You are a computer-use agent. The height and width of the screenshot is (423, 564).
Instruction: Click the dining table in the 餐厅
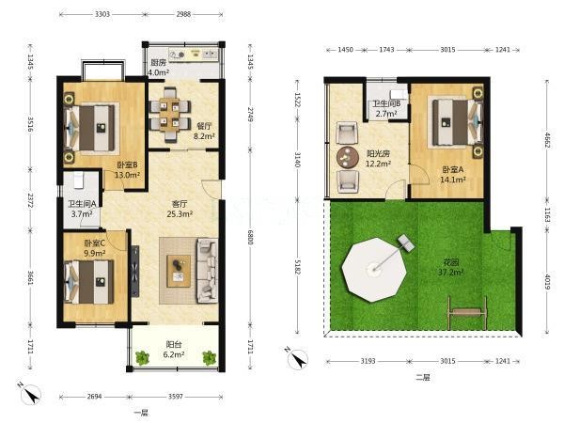point(169,114)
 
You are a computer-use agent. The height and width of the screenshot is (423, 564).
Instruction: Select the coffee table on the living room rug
point(179,271)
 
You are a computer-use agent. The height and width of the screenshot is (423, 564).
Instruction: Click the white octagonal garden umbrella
point(374,270)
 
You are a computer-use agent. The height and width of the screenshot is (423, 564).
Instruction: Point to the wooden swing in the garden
point(467,311)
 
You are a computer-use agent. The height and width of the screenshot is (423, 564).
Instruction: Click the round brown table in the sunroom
point(348,157)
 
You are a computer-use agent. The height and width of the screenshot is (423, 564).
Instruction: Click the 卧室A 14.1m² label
point(453,174)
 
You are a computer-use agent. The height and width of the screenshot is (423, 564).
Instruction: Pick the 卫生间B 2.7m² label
point(386,109)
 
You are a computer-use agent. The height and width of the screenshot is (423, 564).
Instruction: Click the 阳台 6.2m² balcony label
point(173,350)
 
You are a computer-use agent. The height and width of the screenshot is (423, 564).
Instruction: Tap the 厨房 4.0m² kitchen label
point(159,68)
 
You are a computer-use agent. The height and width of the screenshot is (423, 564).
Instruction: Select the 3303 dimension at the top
point(102,14)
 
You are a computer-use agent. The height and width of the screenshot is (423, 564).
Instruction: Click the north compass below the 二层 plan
point(297,358)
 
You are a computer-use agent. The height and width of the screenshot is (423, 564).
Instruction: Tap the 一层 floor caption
point(141,413)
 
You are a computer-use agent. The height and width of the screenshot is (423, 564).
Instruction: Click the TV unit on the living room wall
point(135,271)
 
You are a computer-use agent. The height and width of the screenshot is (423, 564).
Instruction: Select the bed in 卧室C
point(89,282)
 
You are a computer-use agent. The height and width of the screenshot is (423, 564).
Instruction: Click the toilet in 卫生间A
point(78,180)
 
